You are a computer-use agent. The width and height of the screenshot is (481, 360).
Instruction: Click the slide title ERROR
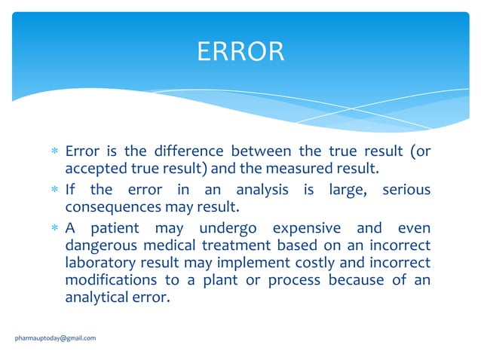(240, 51)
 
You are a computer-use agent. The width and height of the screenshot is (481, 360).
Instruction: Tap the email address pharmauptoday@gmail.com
(56, 338)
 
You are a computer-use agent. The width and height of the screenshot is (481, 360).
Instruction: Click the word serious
(406, 190)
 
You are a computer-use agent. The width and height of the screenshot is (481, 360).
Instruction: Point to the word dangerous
(100, 245)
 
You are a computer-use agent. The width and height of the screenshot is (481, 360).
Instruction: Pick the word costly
(311, 262)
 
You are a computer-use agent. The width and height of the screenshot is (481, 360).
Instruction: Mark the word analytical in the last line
(96, 297)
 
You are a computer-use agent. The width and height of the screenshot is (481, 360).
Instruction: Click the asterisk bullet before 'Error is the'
(54, 152)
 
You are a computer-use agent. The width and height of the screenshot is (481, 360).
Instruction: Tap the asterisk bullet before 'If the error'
(54, 191)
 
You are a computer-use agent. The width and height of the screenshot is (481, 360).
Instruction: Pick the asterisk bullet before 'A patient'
(54, 229)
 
